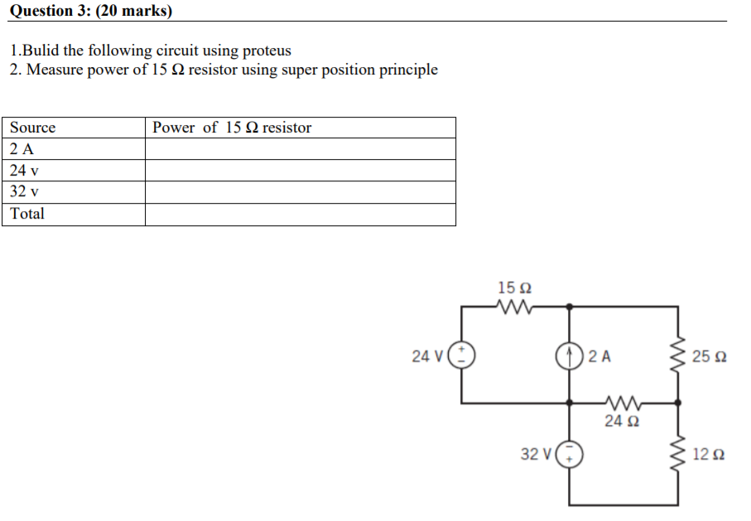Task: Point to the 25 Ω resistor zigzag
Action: [678, 356]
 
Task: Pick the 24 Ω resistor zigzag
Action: [623, 403]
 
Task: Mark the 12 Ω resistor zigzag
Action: [678, 453]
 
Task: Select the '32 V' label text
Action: [535, 454]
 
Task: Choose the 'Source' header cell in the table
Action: [33, 128]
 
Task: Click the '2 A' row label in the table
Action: [22, 149]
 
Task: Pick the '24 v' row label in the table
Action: [25, 171]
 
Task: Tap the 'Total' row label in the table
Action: [27, 214]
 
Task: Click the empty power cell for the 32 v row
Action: [300, 192]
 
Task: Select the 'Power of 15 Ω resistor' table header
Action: [232, 128]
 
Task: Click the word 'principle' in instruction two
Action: [408, 70]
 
